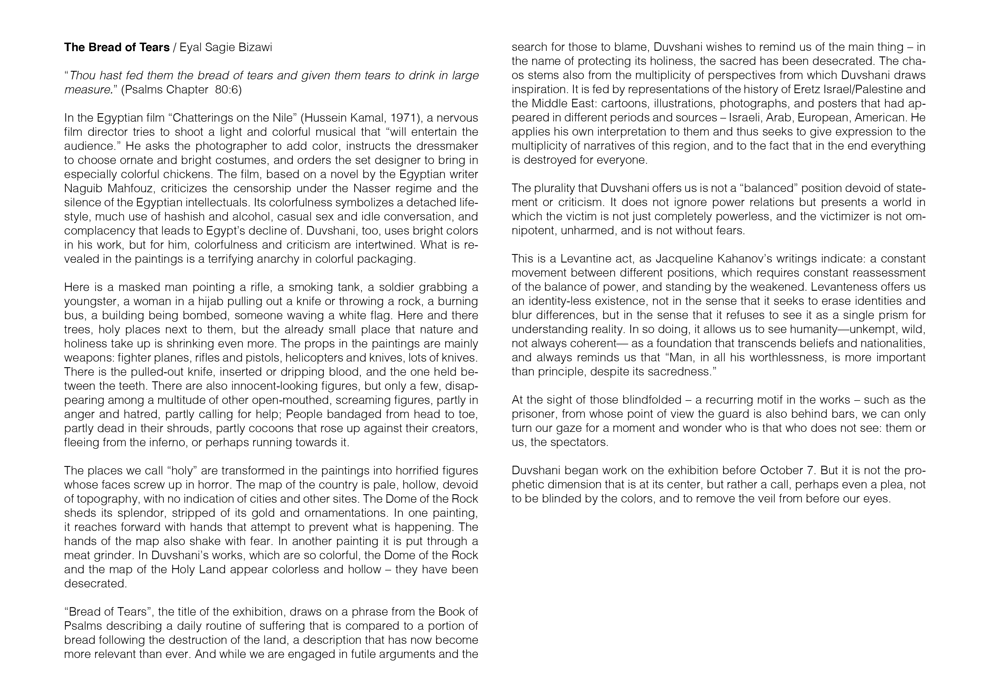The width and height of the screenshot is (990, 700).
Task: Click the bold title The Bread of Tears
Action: click(x=117, y=47)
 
